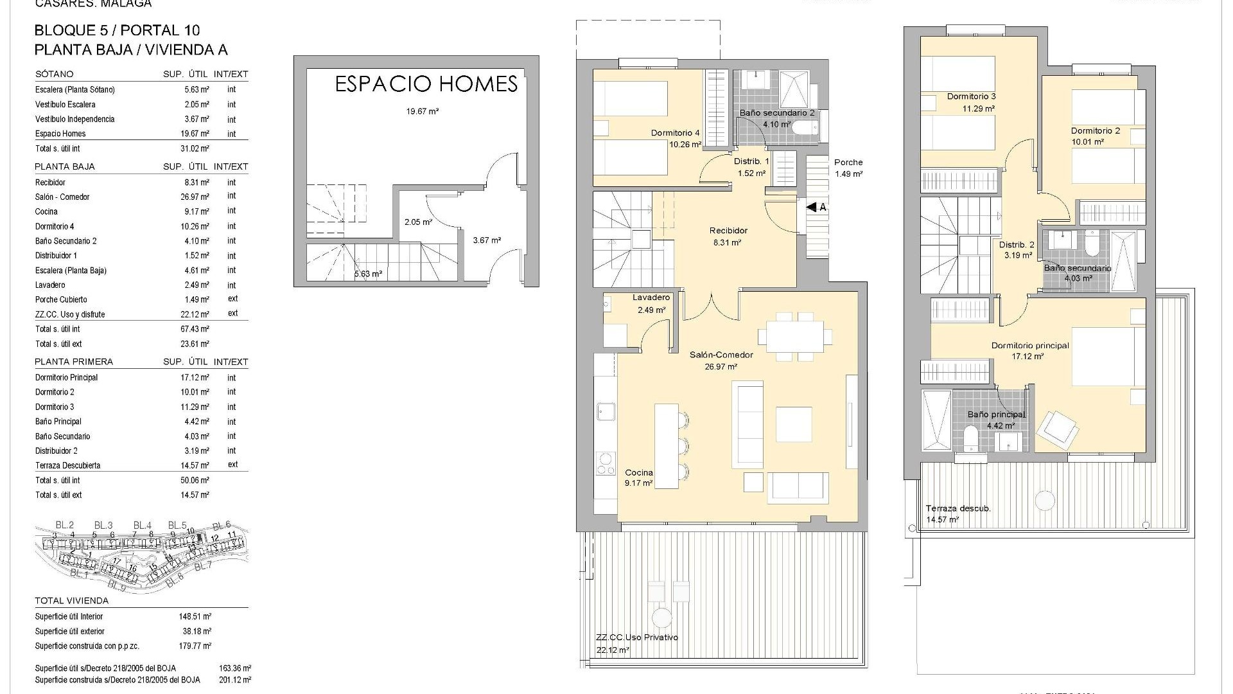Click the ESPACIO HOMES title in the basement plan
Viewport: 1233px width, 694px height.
pyautogui.click(x=426, y=84)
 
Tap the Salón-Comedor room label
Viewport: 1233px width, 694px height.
pyautogui.click(x=721, y=355)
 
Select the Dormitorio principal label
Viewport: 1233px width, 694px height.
pyautogui.click(x=1030, y=346)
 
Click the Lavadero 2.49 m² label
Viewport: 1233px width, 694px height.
pyautogui.click(x=651, y=303)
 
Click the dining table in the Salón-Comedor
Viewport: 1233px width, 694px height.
pyautogui.click(x=795, y=337)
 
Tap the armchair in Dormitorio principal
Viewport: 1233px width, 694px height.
pyautogui.click(x=1060, y=428)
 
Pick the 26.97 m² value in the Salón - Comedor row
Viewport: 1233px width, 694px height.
pyautogui.click(x=197, y=197)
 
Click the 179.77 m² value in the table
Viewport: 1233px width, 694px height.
pyautogui.click(x=195, y=646)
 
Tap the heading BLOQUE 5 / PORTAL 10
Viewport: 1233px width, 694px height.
pyautogui.click(x=117, y=30)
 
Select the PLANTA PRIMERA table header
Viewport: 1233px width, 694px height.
pyautogui.click(x=74, y=362)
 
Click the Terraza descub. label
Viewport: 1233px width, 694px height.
pyautogui.click(x=958, y=508)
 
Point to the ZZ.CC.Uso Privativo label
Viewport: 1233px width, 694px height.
pyautogui.click(x=636, y=637)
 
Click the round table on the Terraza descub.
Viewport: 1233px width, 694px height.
pyautogui.click(x=1045, y=501)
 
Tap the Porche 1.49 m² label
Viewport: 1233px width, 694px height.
pyautogui.click(x=848, y=168)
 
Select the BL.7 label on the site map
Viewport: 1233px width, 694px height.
pyautogui.click(x=202, y=566)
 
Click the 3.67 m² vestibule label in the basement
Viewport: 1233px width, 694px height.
pyautogui.click(x=487, y=240)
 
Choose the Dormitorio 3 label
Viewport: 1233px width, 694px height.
pyautogui.click(x=971, y=97)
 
